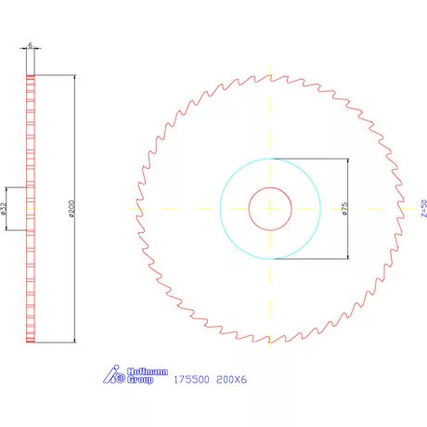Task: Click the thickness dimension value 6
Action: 31,45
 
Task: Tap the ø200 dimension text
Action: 71,209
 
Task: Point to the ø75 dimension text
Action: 343,208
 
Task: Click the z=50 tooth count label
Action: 422,208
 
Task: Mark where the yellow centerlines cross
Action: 270,208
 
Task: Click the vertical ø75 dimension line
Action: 347,186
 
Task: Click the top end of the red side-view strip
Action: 31,77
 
